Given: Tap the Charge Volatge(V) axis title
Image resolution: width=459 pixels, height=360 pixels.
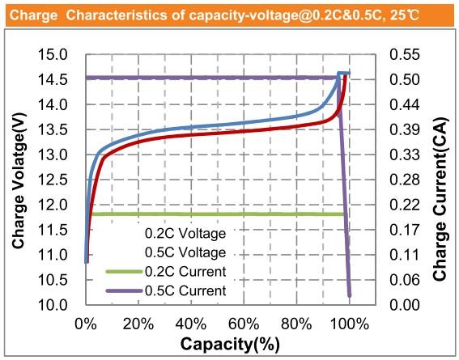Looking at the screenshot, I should (18, 180).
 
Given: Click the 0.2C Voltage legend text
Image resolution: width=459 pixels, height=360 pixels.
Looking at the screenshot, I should (185, 233).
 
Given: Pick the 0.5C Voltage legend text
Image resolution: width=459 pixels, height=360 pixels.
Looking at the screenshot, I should (185, 252).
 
